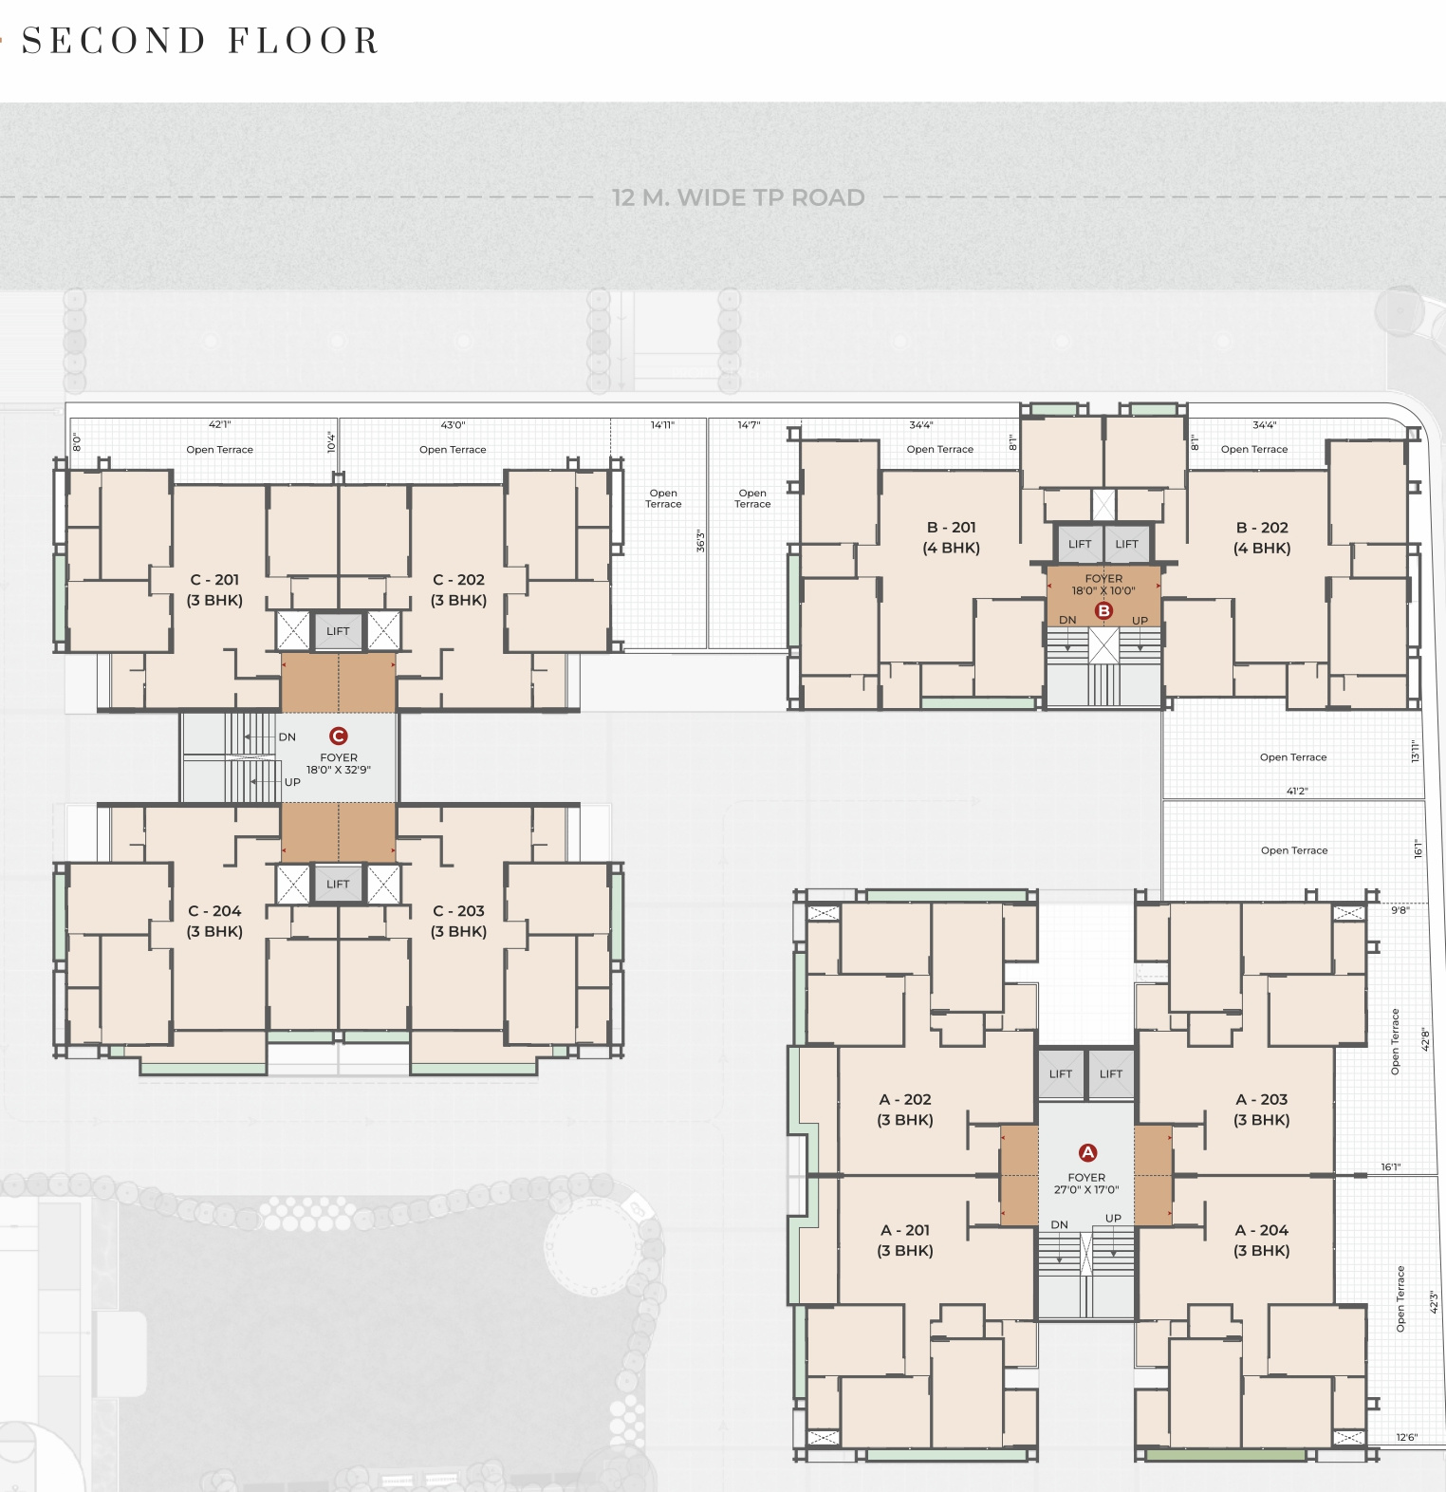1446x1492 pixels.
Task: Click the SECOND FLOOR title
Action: tap(200, 41)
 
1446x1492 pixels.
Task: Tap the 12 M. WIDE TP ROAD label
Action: tap(738, 197)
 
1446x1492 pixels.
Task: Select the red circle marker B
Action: tap(1103, 610)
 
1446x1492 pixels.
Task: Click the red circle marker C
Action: tap(338, 736)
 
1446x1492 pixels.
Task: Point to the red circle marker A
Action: tap(1087, 1152)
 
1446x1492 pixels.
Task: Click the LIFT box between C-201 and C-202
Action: tap(338, 631)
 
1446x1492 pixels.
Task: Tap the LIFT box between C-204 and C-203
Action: tap(338, 884)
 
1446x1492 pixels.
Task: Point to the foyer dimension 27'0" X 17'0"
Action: tap(1086, 1189)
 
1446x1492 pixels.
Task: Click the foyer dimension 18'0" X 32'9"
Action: tap(339, 770)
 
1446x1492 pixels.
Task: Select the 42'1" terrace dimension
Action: tap(219, 425)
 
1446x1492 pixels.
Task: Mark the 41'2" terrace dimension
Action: tap(1297, 791)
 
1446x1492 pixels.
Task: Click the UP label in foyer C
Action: tap(292, 782)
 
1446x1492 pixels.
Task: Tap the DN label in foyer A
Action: tap(1060, 1225)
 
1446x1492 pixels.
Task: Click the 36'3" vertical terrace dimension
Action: tap(700, 541)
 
